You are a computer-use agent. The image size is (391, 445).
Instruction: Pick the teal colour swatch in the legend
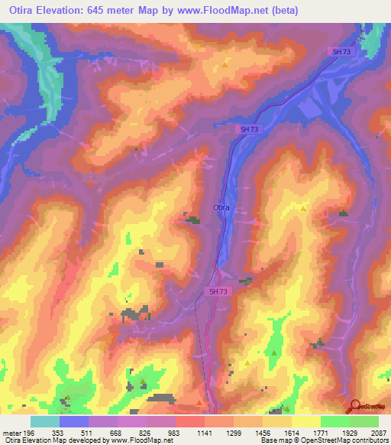click(45, 422)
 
